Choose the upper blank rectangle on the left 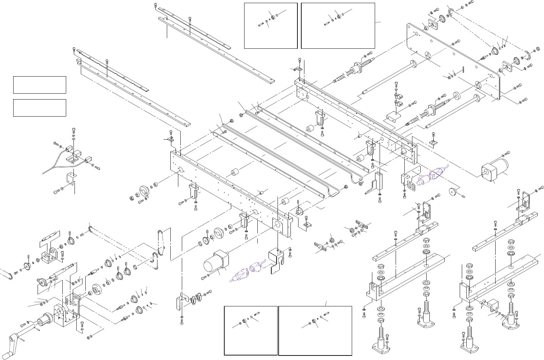(x=39, y=85)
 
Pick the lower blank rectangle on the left (x=39, y=108)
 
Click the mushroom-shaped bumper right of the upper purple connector (x=453, y=192)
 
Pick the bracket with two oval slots (x=411, y=181)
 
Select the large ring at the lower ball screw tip (x=457, y=96)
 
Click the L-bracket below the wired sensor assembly (x=71, y=181)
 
